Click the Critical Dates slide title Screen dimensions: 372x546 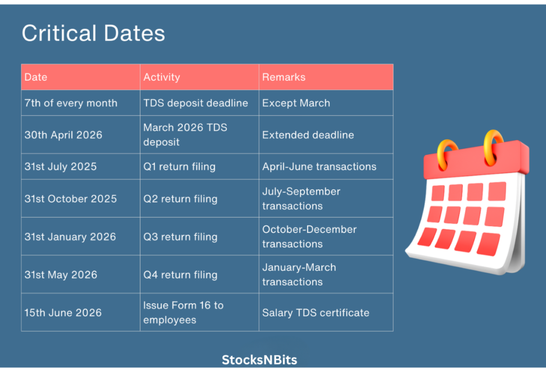coord(93,34)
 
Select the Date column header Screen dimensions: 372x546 coord(36,77)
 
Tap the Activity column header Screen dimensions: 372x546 coord(162,77)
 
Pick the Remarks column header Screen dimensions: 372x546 coord(284,77)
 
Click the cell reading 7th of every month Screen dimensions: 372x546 coord(71,103)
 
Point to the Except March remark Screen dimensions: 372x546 coord(296,103)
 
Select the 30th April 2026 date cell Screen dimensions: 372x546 coord(63,135)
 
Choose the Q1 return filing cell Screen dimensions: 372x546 coord(179,167)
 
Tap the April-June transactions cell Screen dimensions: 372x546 coord(319,167)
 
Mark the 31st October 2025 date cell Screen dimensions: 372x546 coord(70,199)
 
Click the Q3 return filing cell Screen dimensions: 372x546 coord(180,237)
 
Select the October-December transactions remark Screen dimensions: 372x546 coord(309,237)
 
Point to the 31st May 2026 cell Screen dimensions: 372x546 coord(61,275)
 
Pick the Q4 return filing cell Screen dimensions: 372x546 coord(180,275)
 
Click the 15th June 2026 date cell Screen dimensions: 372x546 coord(63,313)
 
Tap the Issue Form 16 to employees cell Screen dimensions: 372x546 coord(183,313)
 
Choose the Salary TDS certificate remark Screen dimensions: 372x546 coord(316,313)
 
